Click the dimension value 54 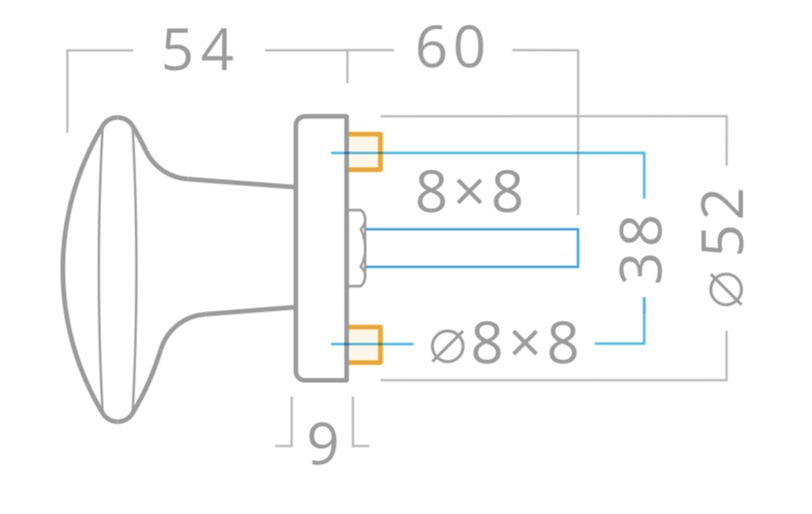coord(198,50)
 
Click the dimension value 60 coord(450,47)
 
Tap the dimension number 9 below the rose coord(323,444)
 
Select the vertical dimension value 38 coord(641,249)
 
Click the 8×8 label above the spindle coord(469,192)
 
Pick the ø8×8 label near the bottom coord(504,343)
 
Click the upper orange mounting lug coord(365,152)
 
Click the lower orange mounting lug coord(365,344)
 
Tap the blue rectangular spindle coord(472,248)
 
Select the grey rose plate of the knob coord(322,249)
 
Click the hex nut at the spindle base coord(357,248)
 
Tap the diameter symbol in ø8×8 coord(448,346)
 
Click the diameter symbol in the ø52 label coord(726,290)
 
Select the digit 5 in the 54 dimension coord(178,50)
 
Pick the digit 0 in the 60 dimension coord(468,47)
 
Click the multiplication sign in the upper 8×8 coord(470,193)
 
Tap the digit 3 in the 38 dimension coord(641,266)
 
